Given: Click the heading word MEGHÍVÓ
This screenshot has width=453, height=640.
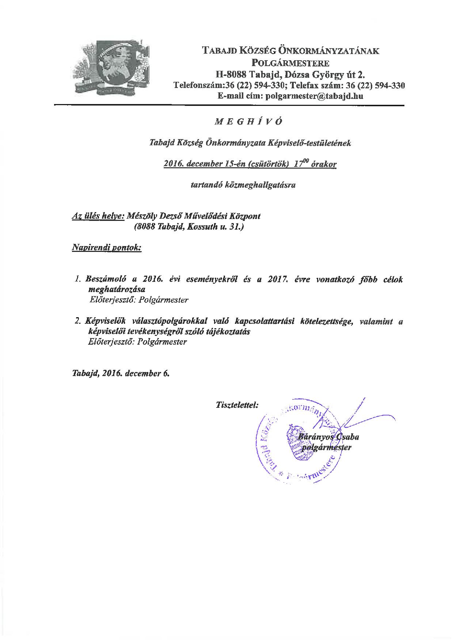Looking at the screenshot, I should coord(248,122).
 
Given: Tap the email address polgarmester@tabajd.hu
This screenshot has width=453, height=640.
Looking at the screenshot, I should coord(315,96).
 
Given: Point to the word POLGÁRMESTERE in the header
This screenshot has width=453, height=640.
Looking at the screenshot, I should coord(291,62).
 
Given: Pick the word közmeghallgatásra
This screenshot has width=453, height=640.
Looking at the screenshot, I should coord(243,185).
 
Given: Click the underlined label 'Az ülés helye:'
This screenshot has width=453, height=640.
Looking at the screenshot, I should coord(98,216).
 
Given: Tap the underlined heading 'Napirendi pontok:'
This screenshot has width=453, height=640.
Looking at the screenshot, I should coord(106,248).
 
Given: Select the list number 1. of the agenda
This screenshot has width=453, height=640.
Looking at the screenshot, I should coord(77,280).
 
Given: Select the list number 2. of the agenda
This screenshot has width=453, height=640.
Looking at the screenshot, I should coord(77,322).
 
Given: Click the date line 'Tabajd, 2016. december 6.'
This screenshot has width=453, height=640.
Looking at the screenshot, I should coord(121,373).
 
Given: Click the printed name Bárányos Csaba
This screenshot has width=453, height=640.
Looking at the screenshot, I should coord(328,437).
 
